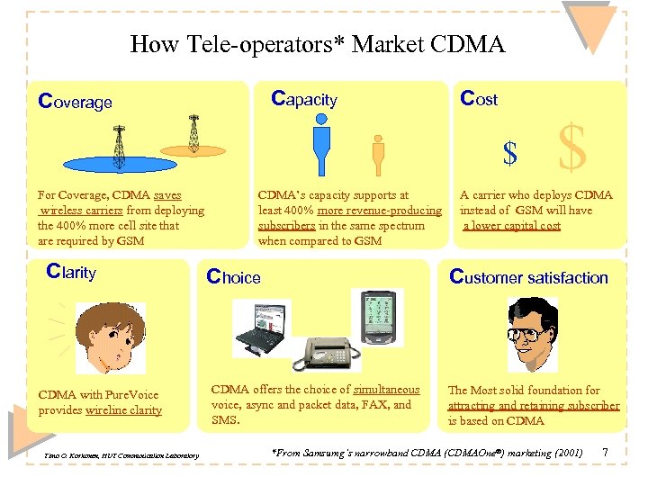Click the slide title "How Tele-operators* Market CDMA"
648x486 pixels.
click(317, 44)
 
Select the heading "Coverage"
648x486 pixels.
click(75, 102)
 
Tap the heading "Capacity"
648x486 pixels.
click(303, 99)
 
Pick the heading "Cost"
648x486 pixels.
click(478, 99)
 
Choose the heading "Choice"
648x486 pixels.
click(233, 277)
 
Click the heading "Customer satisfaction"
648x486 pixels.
click(528, 277)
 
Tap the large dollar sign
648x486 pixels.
click(572, 148)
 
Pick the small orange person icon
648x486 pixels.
click(378, 158)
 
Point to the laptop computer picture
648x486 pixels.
click(260, 329)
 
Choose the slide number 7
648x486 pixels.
click(605, 451)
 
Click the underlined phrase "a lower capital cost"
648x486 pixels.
click(511, 226)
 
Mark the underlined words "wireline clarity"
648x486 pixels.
click(123, 410)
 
